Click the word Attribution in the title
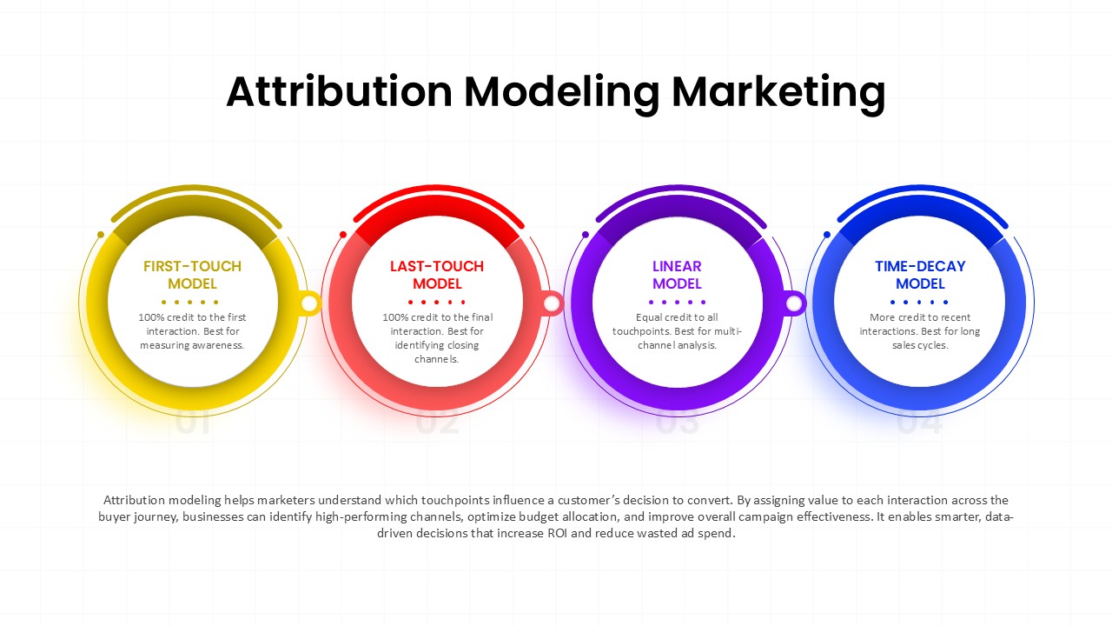pos(339,91)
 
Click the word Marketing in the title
pos(778,91)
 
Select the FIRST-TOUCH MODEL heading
pos(192,275)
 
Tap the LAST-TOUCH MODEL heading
pos(437,275)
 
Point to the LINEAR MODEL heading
pos(677,275)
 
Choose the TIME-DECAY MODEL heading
pos(920,275)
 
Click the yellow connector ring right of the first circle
pos(310,303)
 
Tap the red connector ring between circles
pos(552,303)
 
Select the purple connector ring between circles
pos(794,303)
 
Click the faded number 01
pos(192,423)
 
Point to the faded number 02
pos(437,423)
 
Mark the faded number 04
pos(919,423)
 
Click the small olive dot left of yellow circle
pos(101,235)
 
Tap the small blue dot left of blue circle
pos(826,235)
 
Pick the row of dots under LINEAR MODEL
pos(677,302)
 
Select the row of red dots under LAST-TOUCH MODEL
pos(437,302)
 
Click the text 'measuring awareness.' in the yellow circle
pos(192,345)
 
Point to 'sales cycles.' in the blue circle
pos(920,345)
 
